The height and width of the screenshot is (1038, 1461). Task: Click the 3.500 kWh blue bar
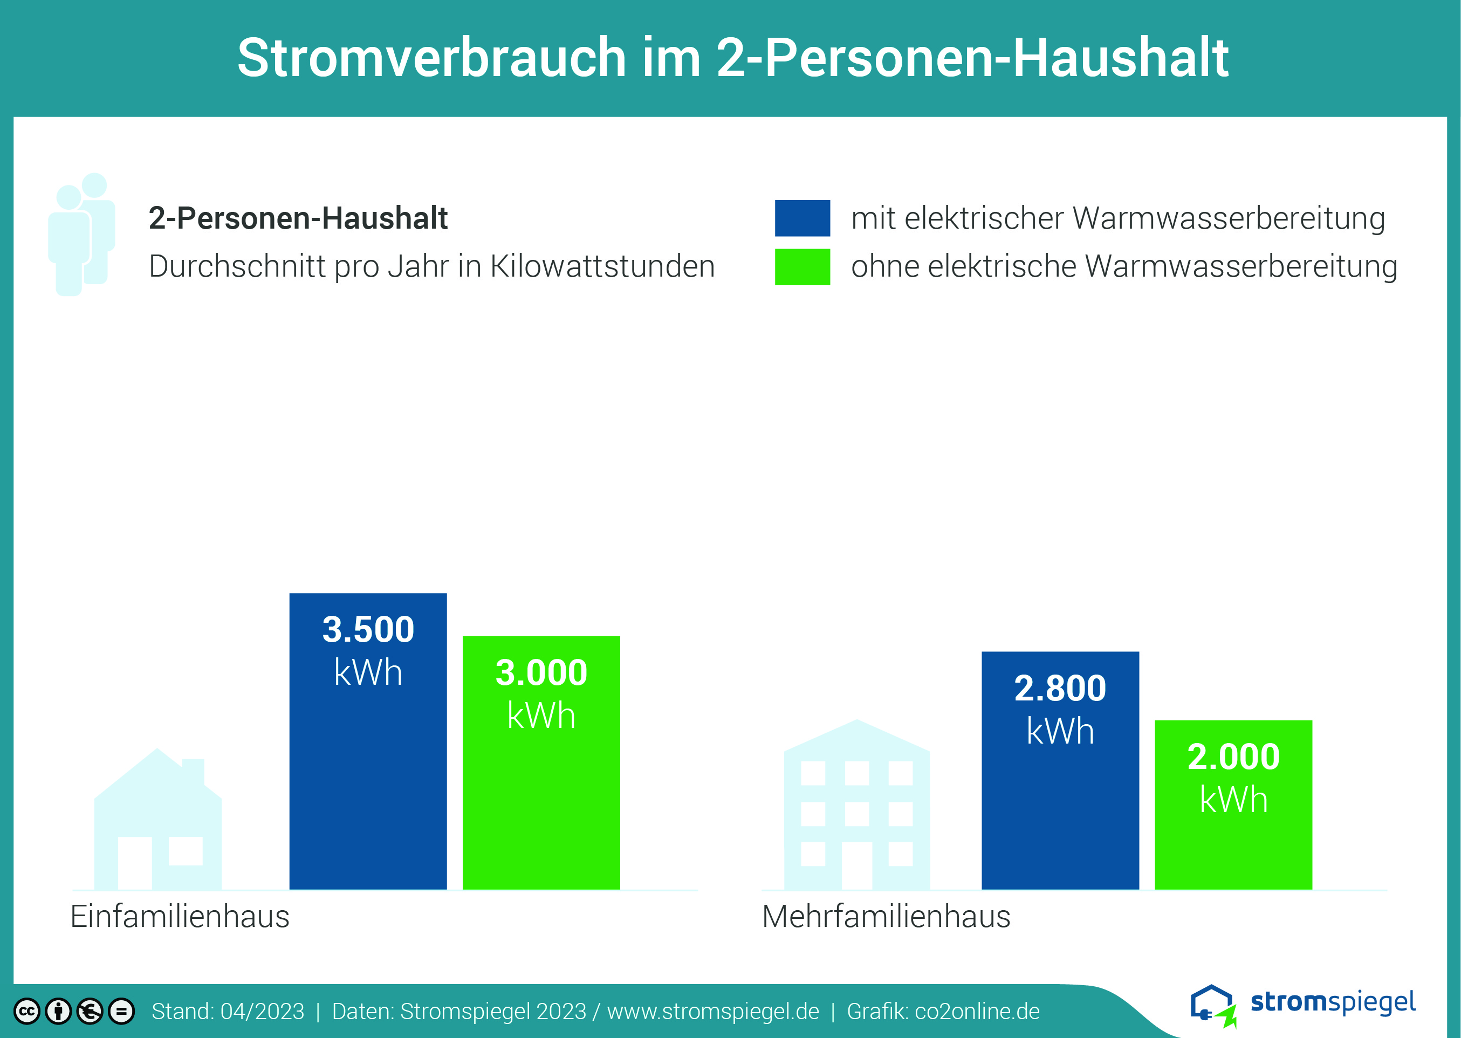pos(368,741)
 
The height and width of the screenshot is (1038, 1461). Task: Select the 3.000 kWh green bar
pos(541,762)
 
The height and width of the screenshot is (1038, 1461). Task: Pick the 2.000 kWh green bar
pos(1233,805)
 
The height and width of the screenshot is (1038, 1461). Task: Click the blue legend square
pos(802,218)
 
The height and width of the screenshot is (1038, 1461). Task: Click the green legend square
pos(802,266)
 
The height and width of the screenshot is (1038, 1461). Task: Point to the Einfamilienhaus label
pos(180,917)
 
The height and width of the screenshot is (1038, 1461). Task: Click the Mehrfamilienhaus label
pos(887,917)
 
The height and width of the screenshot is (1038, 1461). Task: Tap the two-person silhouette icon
pos(82,234)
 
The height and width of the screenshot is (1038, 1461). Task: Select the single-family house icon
pos(158,819)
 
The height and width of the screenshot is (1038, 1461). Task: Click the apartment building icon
pos(857,805)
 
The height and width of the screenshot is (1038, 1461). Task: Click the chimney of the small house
pos(194,772)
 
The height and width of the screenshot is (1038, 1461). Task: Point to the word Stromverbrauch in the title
pos(432,58)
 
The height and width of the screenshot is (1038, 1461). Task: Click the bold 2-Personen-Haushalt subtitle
pos(298,218)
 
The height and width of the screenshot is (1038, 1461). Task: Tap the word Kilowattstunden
pos(602,266)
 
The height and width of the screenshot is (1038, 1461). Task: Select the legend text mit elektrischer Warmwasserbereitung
pos(1119,218)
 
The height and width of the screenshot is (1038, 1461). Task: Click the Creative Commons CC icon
pos(27,1011)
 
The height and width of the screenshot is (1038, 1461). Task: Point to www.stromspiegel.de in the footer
pos(714,1012)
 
